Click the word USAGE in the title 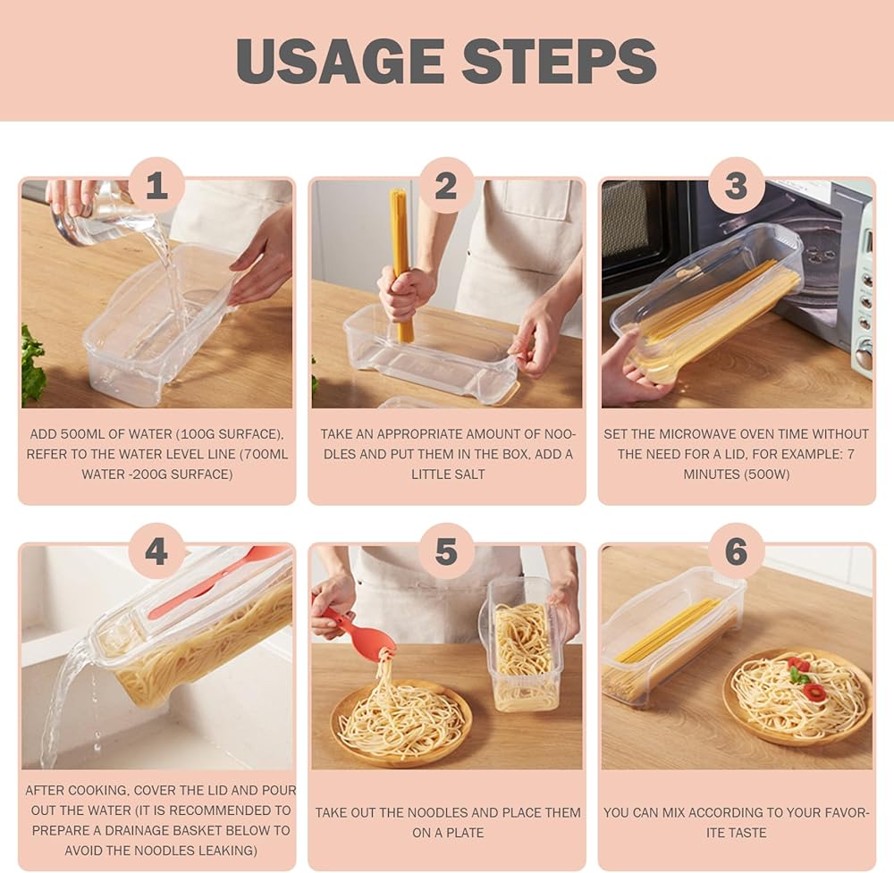pyautogui.click(x=341, y=61)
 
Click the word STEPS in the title pyautogui.click(x=560, y=61)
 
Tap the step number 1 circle pyautogui.click(x=156, y=186)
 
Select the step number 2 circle pyautogui.click(x=446, y=186)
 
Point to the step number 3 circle pyautogui.click(x=737, y=186)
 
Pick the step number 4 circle pyautogui.click(x=156, y=551)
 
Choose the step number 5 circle pyautogui.click(x=446, y=551)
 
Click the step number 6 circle pyautogui.click(x=737, y=551)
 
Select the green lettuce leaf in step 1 pyautogui.click(x=32, y=365)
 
